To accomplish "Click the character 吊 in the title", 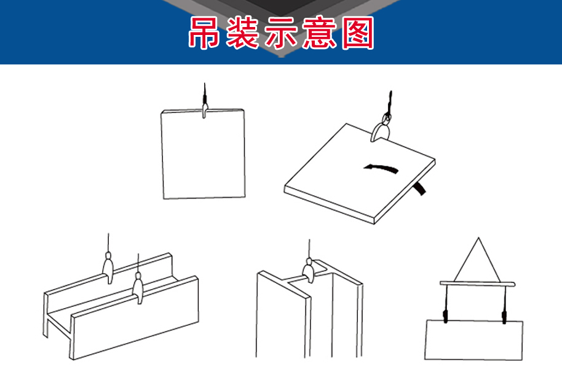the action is pos(204,33).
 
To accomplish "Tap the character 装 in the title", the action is pos(242,33).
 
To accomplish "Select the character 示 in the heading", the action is pos(280,33).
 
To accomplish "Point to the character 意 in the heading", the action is pos(319,33).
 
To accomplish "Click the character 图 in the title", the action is pos(358,33).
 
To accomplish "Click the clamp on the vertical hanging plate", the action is pos(204,109).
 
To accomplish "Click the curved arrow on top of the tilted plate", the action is pos(381,168).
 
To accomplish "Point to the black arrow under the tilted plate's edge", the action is pos(420,188).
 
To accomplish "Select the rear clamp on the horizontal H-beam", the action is pos(108,268).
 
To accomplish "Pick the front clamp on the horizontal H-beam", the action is pos(138,288).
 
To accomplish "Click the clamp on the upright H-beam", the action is pos(309,270).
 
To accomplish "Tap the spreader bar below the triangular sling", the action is pos(477,284).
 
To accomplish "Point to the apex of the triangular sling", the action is pos(478,238).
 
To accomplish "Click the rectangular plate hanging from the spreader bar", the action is pos(474,340).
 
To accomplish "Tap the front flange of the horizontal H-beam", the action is pos(135,318).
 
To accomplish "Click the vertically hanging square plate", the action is pos(204,154).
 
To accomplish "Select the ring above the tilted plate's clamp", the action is pos(386,117).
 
